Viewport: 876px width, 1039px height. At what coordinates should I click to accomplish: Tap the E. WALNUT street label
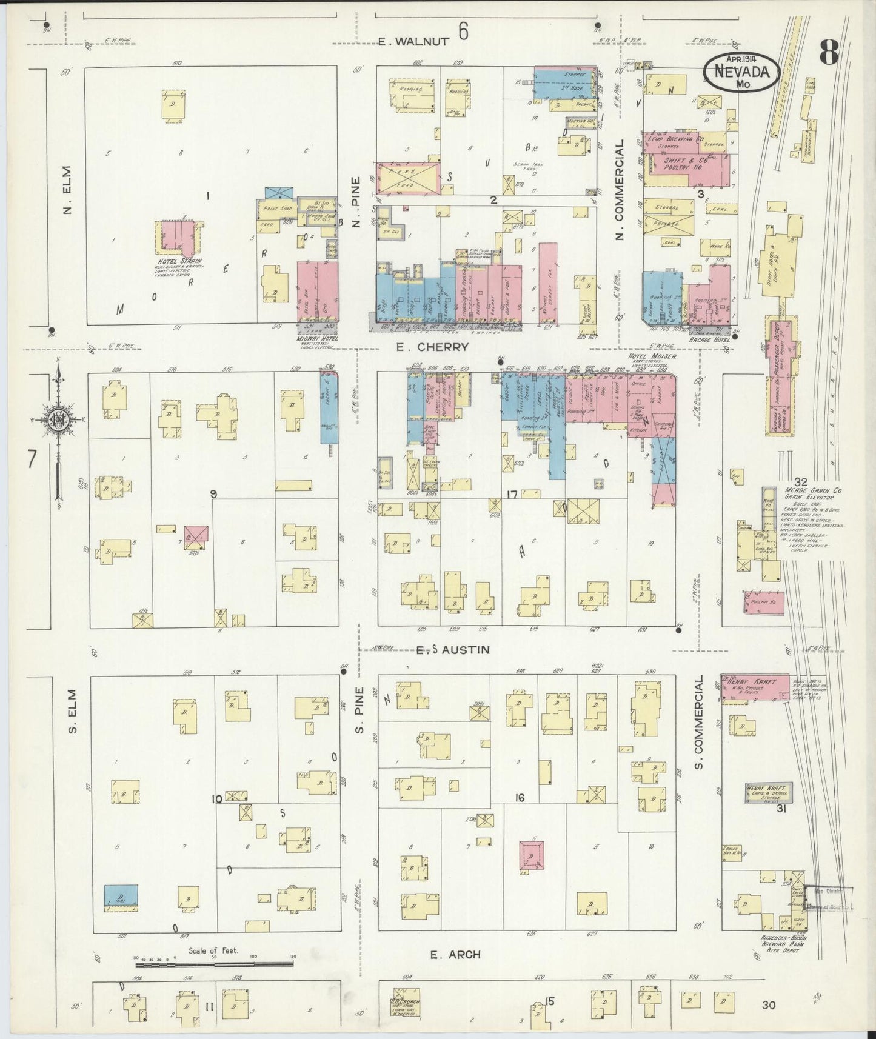point(414,41)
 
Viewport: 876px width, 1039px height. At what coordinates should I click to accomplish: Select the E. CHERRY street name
point(432,347)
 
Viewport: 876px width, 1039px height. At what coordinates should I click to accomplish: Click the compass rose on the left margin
point(57,420)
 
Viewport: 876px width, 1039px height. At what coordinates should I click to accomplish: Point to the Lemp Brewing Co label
point(675,139)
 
